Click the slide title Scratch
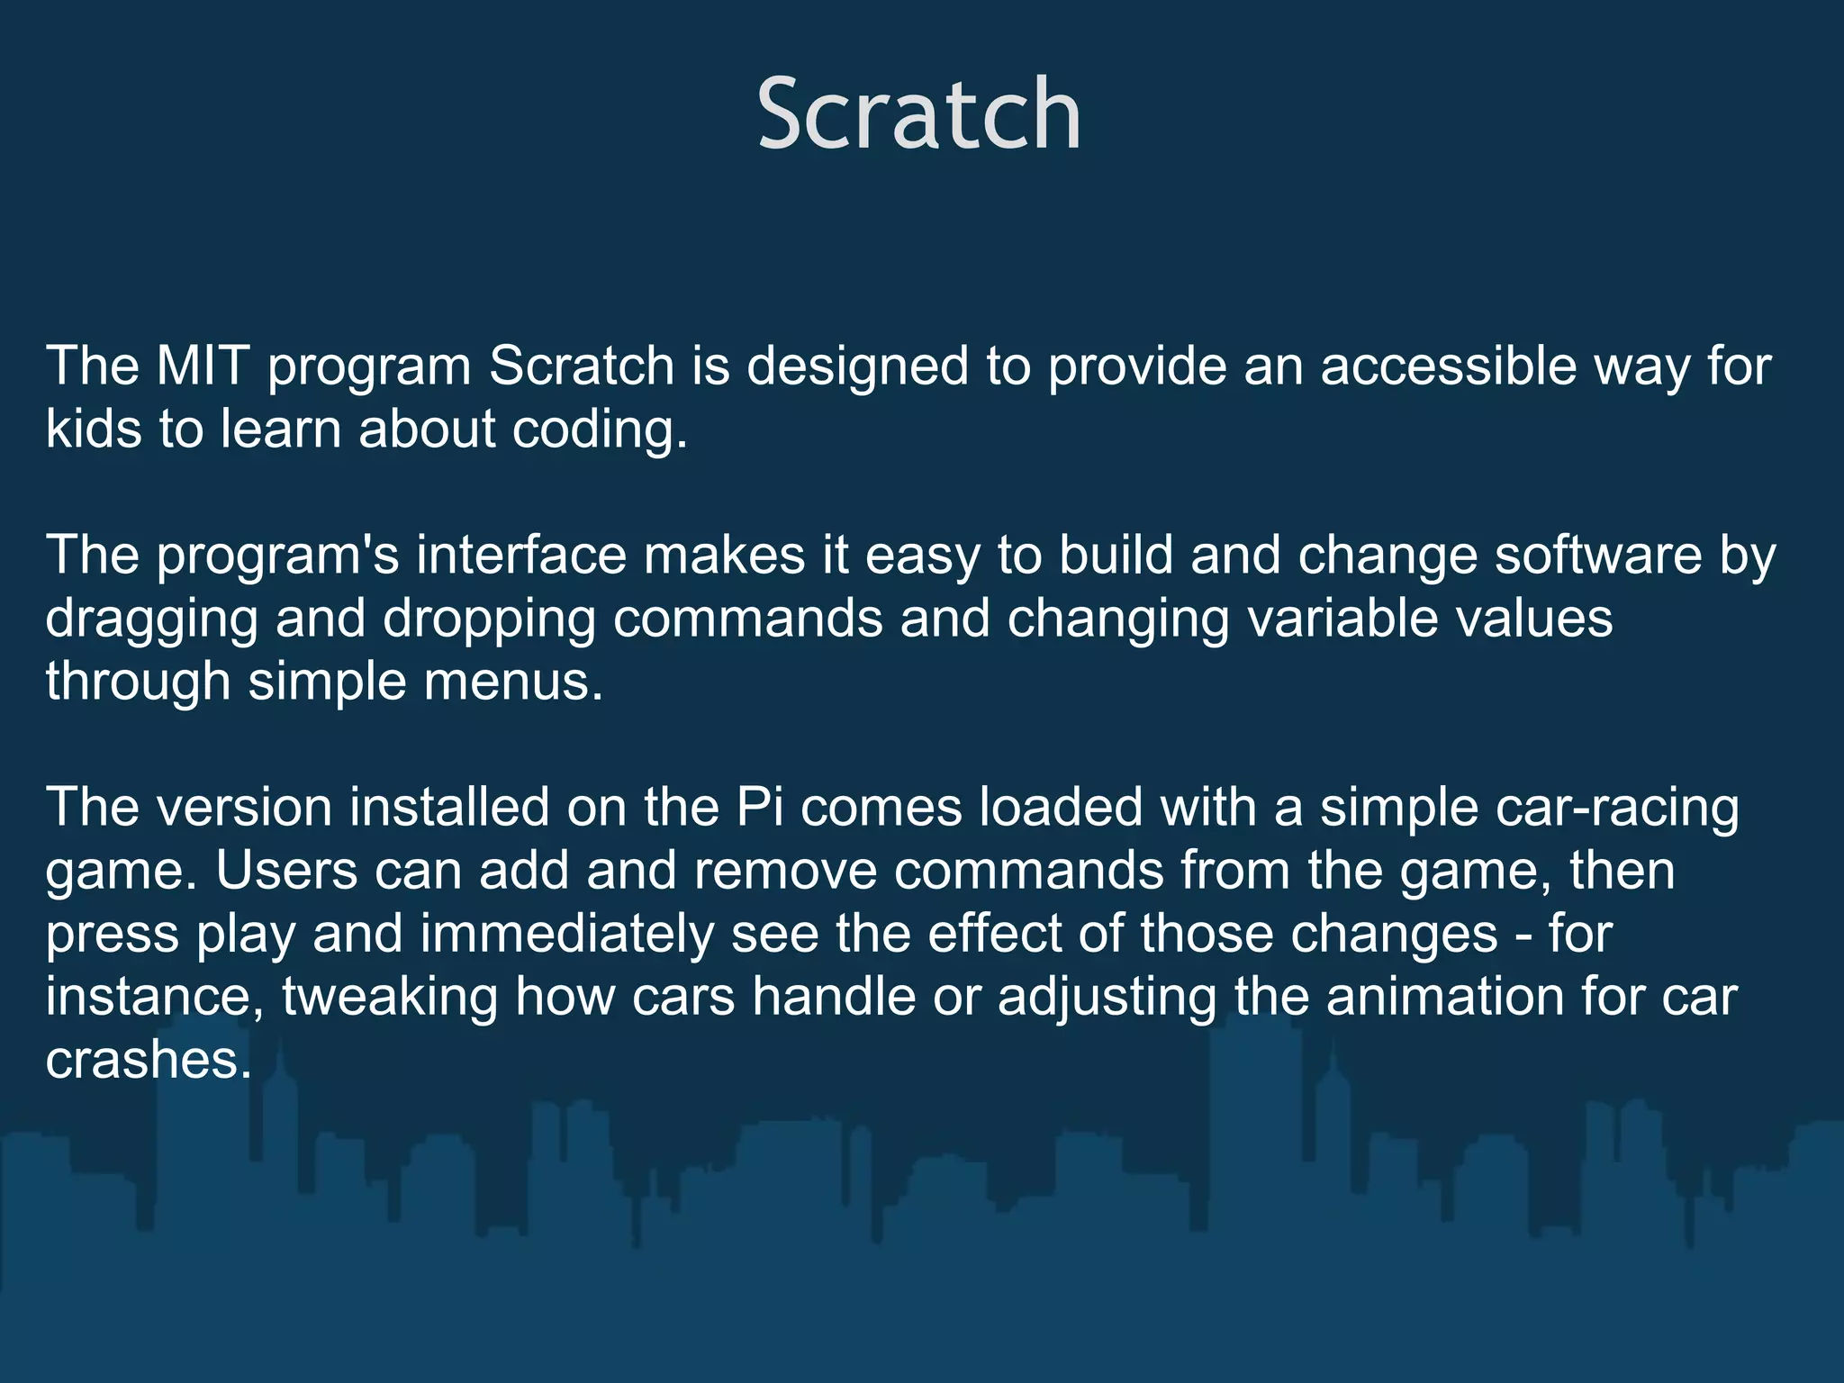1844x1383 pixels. (918, 115)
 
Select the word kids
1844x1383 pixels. (94, 429)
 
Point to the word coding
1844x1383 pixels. (598, 430)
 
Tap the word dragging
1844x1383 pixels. (151, 619)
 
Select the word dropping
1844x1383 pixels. (489, 619)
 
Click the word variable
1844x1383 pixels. (1329, 618)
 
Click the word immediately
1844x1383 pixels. (566, 934)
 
